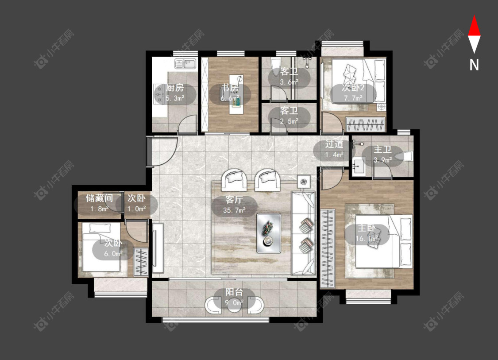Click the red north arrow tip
pos(474,15)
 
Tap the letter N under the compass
pos(474,65)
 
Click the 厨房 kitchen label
pos(175,88)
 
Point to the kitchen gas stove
pos(158,94)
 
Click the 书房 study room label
pos(230,88)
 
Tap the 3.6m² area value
pos(289,82)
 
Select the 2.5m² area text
pos(289,121)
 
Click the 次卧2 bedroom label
pos(353,88)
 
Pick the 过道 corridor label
pos(334,144)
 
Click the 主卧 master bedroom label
pos(367,228)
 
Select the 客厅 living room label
pos(234,200)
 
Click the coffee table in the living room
pos(269,233)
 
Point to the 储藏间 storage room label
pos(100,198)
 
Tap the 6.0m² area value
pos(113,254)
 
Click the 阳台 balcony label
pos(234,292)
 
